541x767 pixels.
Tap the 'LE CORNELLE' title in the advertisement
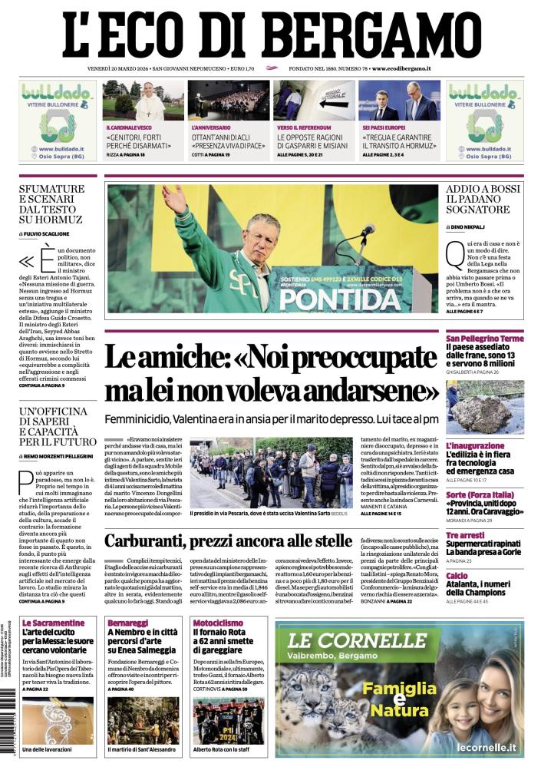(353, 640)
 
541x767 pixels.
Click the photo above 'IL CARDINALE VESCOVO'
(143, 100)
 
